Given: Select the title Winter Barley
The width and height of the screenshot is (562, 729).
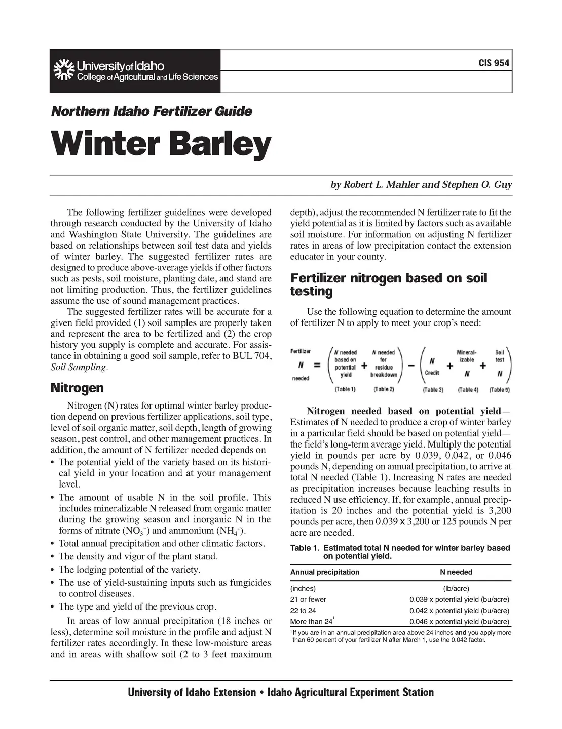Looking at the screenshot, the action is (x=160, y=145).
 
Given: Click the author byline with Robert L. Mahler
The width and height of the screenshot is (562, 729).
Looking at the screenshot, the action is (x=421, y=185).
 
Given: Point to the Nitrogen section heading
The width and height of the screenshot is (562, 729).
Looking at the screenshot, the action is (x=77, y=388).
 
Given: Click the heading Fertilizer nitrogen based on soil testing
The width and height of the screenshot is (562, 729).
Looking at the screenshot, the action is (x=388, y=285).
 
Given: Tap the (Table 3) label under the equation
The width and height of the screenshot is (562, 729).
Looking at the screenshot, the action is (x=433, y=390).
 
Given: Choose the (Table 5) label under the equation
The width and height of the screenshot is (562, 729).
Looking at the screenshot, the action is (x=499, y=390).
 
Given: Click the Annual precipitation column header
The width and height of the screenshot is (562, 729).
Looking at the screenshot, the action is (x=325, y=572).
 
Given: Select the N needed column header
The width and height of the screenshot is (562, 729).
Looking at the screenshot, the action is (x=456, y=572).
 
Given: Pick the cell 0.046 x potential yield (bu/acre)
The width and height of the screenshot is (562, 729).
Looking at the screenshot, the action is (x=459, y=622).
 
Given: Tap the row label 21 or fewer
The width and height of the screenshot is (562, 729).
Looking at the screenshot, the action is (x=308, y=599).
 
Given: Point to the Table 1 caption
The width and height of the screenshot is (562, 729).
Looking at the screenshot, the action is (x=400, y=552).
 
